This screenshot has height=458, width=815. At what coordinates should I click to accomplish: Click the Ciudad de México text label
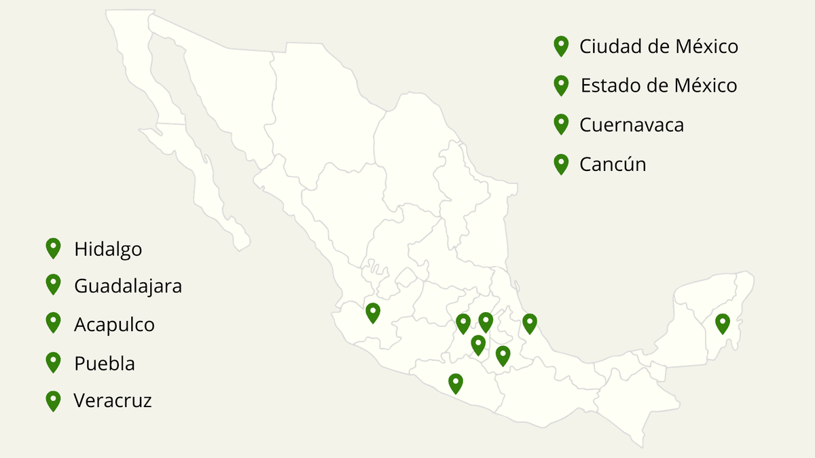click(658, 47)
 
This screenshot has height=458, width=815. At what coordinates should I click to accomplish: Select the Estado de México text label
click(658, 86)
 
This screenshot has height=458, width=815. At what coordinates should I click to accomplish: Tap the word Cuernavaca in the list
click(631, 126)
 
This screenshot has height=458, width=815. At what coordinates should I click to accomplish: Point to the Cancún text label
click(612, 164)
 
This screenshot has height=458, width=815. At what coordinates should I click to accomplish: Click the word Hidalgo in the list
click(108, 249)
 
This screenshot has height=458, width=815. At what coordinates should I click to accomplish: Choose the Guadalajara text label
click(128, 286)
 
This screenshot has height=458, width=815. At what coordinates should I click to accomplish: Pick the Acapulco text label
click(114, 325)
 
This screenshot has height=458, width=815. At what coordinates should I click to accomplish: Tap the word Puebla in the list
click(104, 364)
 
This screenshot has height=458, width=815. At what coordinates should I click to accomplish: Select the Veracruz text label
click(113, 400)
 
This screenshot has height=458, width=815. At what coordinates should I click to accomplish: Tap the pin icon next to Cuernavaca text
click(561, 123)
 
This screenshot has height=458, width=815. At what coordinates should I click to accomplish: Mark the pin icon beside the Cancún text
click(561, 163)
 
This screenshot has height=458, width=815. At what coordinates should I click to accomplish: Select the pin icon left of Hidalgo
click(53, 248)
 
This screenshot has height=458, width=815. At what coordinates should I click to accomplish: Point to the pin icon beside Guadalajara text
click(53, 284)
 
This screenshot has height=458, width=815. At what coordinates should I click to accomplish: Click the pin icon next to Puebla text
click(53, 362)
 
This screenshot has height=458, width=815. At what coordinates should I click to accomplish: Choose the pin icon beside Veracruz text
click(53, 400)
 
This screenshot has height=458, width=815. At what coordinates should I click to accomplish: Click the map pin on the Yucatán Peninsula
click(723, 323)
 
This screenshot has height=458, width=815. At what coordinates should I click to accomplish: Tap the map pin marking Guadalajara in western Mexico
click(373, 312)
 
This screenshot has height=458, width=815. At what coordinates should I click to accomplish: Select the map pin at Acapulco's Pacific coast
click(456, 383)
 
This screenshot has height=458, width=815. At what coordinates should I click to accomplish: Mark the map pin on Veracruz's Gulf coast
click(530, 324)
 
